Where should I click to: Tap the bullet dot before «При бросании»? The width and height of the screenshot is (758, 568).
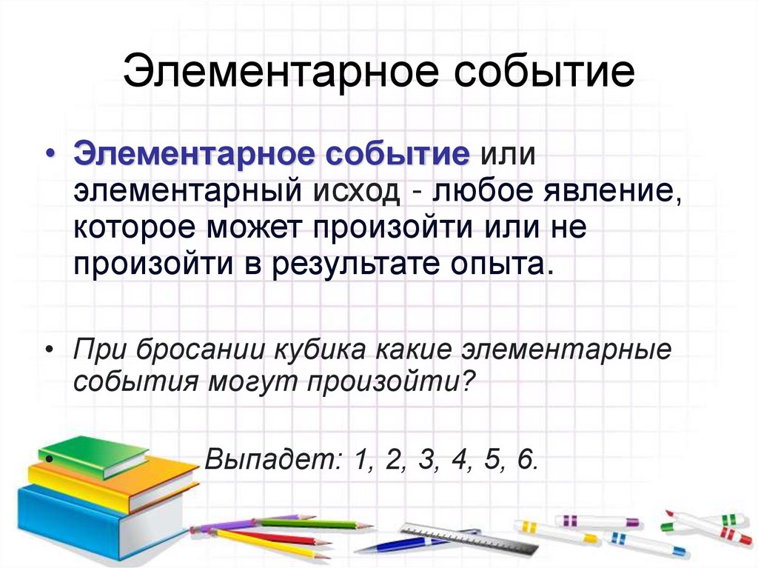click(x=49, y=349)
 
